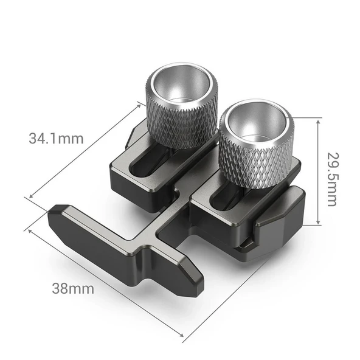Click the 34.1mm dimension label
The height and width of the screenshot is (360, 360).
[55, 137]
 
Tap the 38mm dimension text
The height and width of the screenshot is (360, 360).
[72, 288]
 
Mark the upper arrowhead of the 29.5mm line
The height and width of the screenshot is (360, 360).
[317, 120]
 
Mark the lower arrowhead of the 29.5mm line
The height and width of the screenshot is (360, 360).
[317, 224]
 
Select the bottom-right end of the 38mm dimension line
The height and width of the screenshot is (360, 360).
[182, 334]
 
